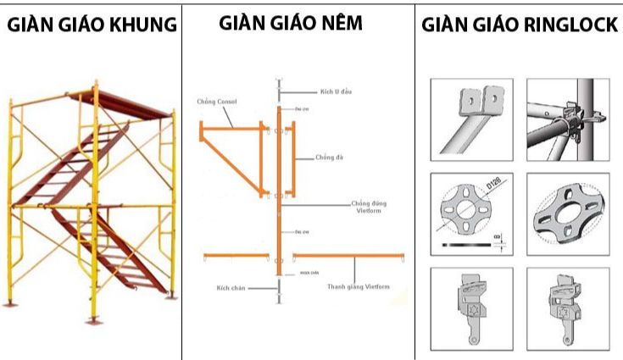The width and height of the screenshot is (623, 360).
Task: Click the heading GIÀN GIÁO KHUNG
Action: [x=92, y=25]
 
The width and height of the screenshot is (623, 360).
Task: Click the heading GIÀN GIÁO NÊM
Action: [x=290, y=23]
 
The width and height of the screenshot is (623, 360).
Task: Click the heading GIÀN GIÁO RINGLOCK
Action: [x=520, y=25]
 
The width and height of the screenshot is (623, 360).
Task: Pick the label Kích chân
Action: [x=228, y=289]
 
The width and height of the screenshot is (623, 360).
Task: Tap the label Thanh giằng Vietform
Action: [x=359, y=287]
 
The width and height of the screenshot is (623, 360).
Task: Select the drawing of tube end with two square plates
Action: [x=470, y=119]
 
